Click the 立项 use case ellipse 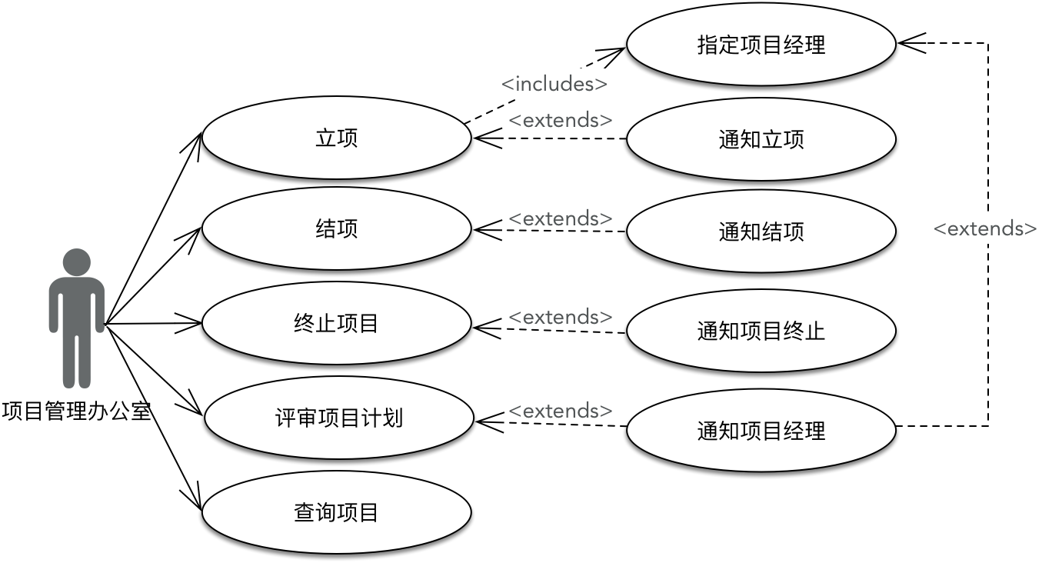(x=337, y=138)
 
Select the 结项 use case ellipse (x=337, y=229)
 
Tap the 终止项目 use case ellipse (x=337, y=323)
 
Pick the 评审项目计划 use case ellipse (x=338, y=418)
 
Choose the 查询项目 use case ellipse (x=337, y=512)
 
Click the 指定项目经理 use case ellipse (x=761, y=45)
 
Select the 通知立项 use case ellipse (x=761, y=139)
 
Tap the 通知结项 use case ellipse (x=761, y=232)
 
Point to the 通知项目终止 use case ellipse (x=761, y=331)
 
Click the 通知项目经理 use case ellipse (x=761, y=430)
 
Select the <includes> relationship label (x=554, y=83)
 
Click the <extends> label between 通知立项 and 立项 (x=561, y=120)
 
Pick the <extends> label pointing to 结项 (x=561, y=218)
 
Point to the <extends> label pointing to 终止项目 (x=561, y=317)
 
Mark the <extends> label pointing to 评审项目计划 (x=561, y=411)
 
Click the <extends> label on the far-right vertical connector (x=985, y=228)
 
